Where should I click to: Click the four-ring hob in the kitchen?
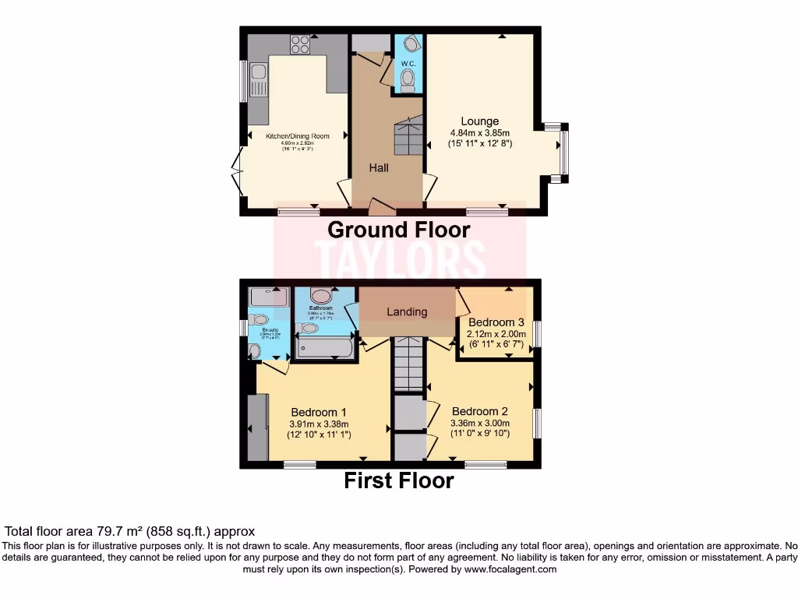coord(300,45)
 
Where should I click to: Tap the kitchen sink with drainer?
coord(258,83)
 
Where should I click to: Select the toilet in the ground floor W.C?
coord(407,79)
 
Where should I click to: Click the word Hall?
coord(379,167)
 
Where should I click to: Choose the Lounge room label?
coord(479,121)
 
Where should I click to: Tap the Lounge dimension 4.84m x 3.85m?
coord(479,132)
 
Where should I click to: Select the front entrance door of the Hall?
coord(381,206)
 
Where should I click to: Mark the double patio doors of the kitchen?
coord(236,171)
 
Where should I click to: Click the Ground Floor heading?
coord(398,230)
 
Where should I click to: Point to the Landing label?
coord(407,311)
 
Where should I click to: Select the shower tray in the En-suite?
coord(268,296)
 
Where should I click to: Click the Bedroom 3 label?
coord(496,322)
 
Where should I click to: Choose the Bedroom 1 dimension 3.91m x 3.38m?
coord(319,424)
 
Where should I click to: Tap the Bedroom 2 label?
coord(479,411)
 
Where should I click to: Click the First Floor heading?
coord(398,480)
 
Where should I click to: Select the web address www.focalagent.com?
coord(511,569)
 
